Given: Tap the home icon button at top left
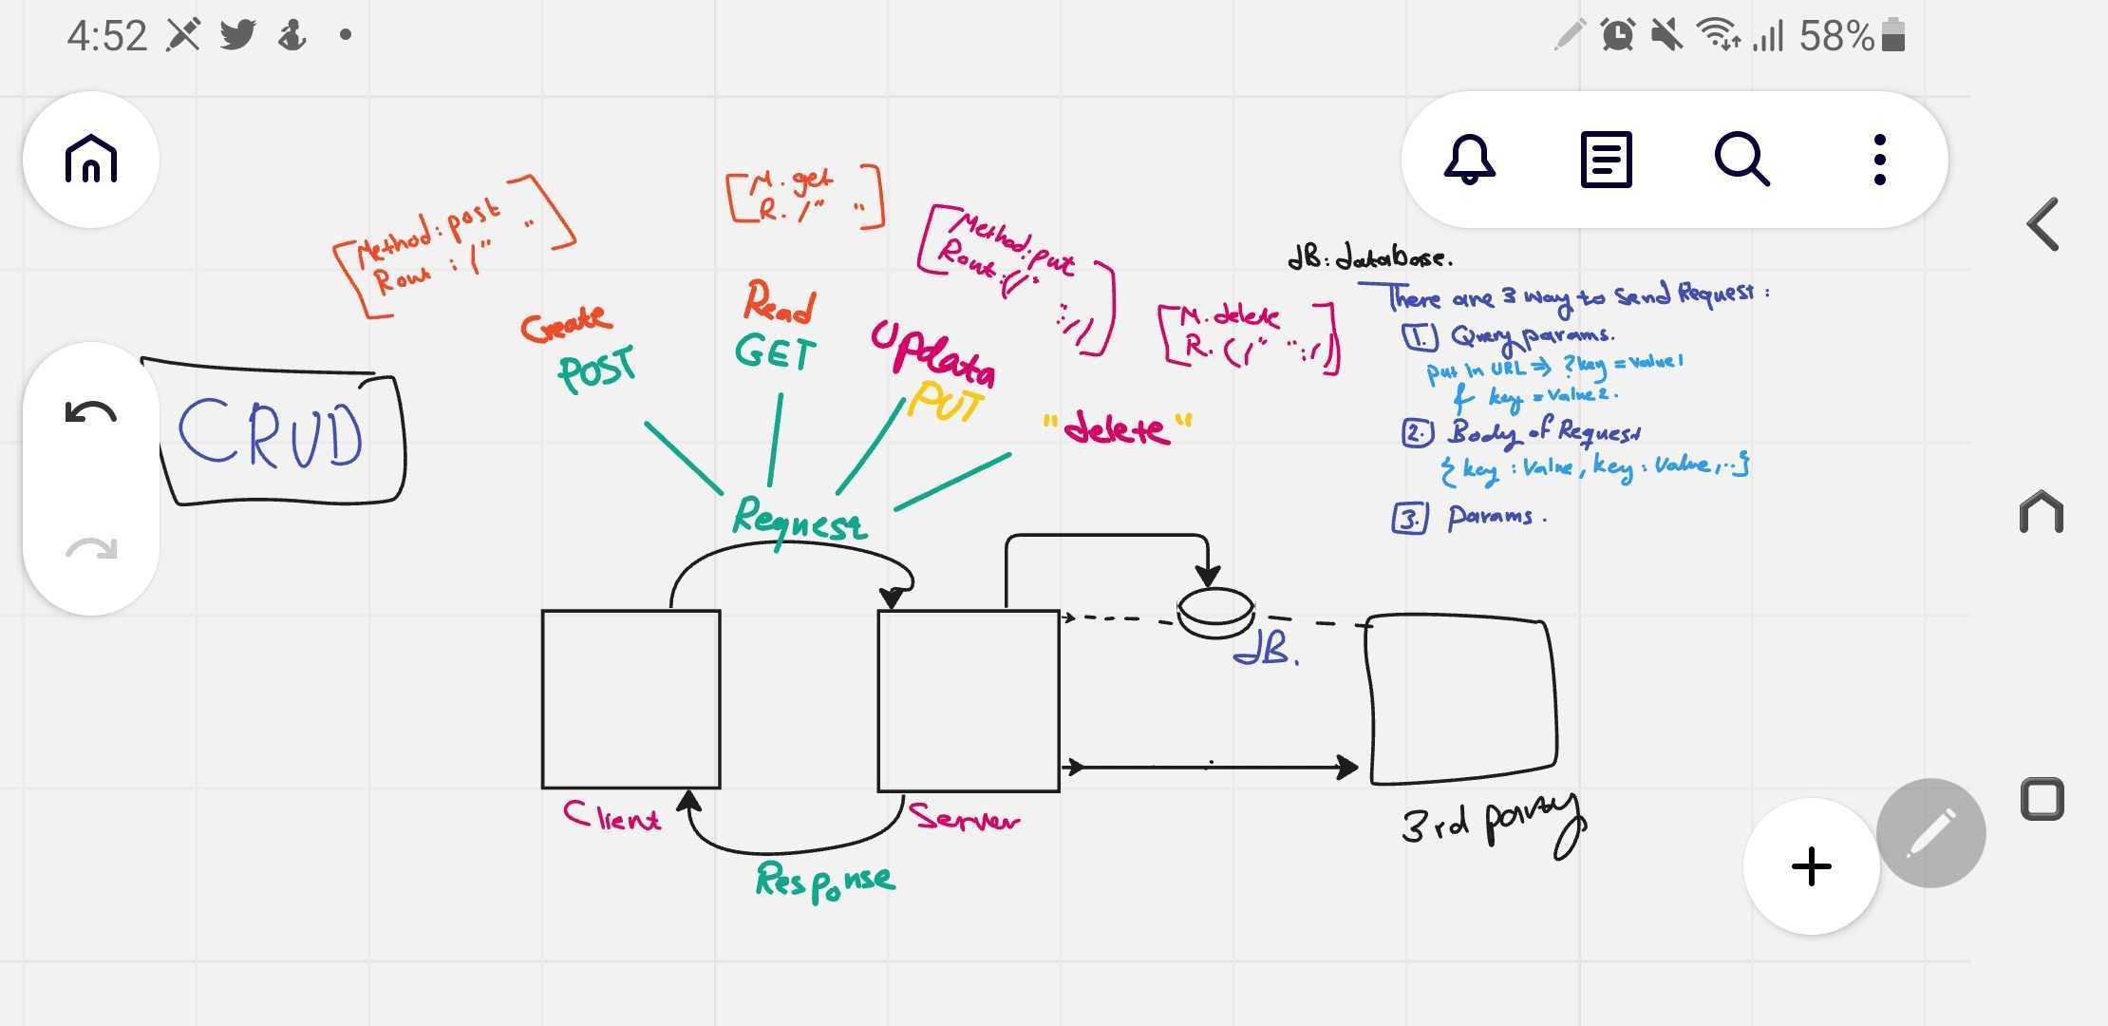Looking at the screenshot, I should tap(91, 159).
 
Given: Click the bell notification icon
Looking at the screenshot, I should tap(1469, 159).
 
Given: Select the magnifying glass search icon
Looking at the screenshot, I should tap(1741, 159).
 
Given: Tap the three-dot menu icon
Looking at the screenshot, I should tap(1879, 159).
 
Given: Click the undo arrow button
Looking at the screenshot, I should tap(91, 413).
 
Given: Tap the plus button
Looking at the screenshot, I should tap(1811, 866).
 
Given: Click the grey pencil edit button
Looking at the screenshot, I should tap(1930, 833).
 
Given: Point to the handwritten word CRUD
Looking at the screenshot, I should tap(272, 434).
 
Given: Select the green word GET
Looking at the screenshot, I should tap(775, 353).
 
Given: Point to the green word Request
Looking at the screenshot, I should tap(799, 520).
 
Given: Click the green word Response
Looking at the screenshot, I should tap(824, 880).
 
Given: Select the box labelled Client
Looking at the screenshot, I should tap(631, 699).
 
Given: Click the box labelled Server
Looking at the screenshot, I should tap(968, 700).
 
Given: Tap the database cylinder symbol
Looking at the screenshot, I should tap(1215, 613).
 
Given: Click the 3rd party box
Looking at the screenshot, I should tap(1461, 699).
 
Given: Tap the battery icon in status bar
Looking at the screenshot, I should tap(1892, 36).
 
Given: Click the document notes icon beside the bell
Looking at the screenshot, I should tap(1606, 159).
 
